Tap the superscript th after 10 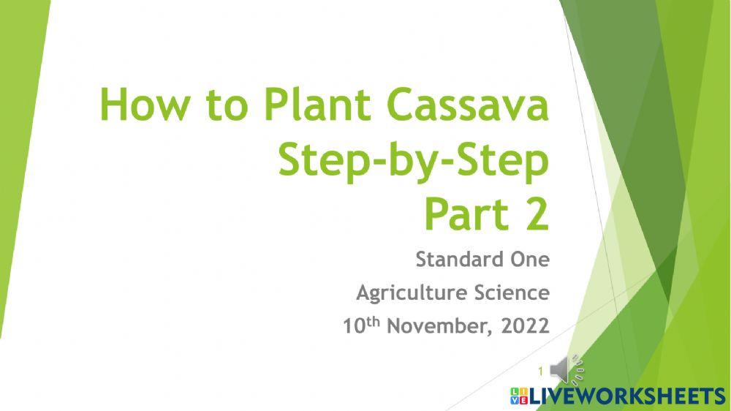pyautogui.click(x=371, y=320)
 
